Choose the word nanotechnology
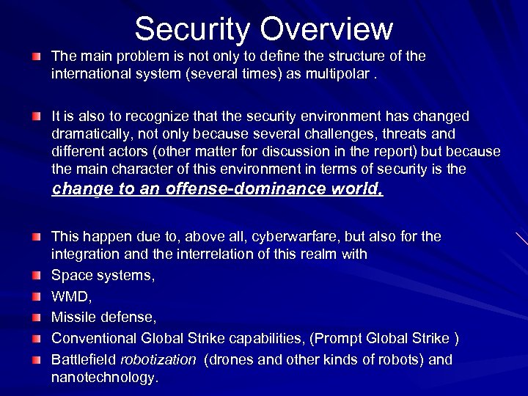click(x=103, y=378)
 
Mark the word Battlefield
click(x=82, y=360)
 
